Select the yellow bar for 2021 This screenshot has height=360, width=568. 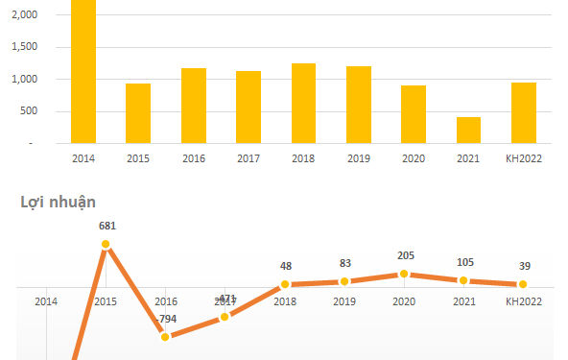tap(468, 131)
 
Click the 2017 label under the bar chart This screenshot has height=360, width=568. tap(248, 158)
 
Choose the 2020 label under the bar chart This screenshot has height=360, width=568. tap(414, 158)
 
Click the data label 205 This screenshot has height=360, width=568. tap(404, 254)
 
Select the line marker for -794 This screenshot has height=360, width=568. tap(165, 336)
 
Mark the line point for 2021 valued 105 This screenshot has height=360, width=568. tap(463, 280)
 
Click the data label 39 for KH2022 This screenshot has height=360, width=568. tap(523, 265)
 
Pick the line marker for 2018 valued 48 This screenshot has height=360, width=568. tap(285, 284)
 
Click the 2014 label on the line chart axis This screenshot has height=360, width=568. tap(46, 301)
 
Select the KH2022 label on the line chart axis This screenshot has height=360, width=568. tap(524, 301)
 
